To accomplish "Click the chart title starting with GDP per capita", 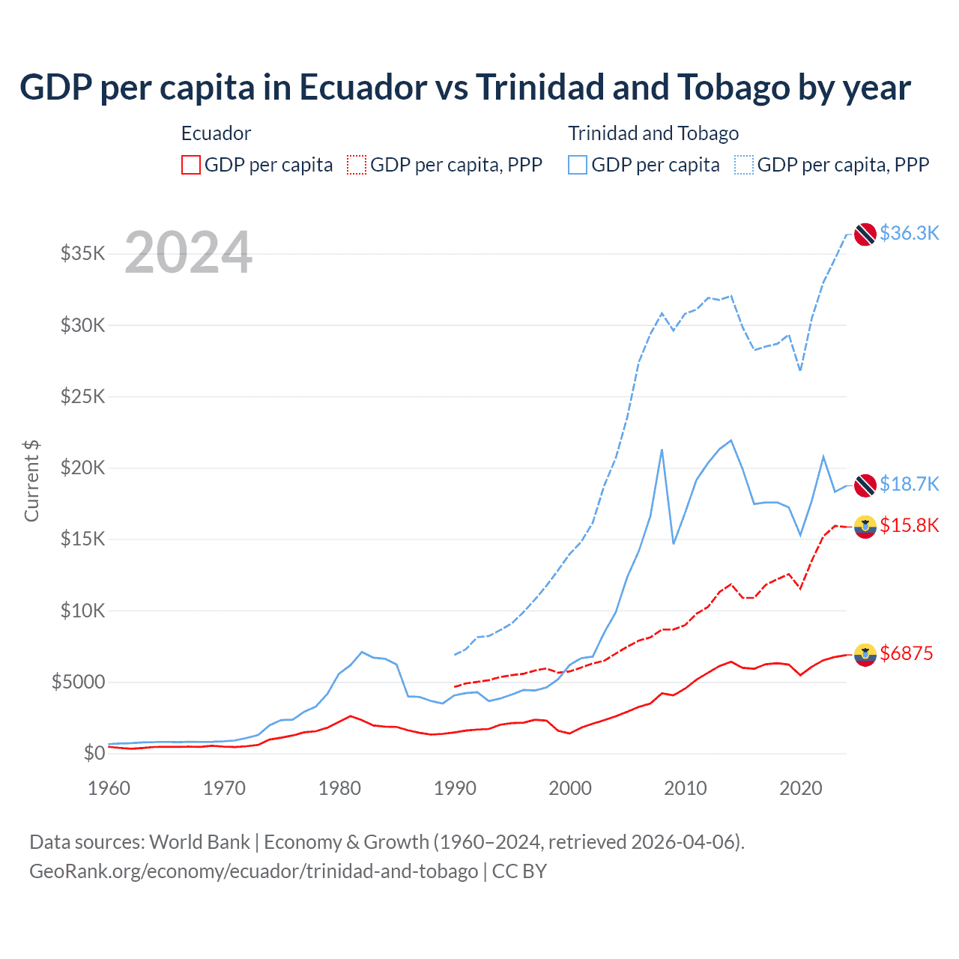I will [465, 88].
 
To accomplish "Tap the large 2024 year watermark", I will [188, 252].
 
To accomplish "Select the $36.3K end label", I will [909, 233].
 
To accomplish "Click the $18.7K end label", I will [909, 484].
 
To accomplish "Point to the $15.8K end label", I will [909, 525].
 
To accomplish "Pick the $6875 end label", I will [907, 653].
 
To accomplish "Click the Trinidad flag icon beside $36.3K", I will [865, 234].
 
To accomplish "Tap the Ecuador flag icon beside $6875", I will [865, 654].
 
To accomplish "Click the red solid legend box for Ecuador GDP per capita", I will [191, 165].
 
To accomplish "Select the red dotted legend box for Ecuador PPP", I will [357, 165].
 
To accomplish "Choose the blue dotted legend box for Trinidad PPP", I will [744, 165].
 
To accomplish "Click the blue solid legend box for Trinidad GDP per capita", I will [578, 165].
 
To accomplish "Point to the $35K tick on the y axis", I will [83, 253].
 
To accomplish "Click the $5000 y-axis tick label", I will [78, 682].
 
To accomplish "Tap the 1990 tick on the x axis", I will [455, 788].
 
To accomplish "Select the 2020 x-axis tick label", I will [800, 788].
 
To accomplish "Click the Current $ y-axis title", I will [31, 481].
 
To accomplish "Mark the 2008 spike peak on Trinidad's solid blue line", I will [662, 450].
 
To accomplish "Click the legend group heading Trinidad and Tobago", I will [653, 133].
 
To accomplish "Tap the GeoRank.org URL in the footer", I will [253, 871].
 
